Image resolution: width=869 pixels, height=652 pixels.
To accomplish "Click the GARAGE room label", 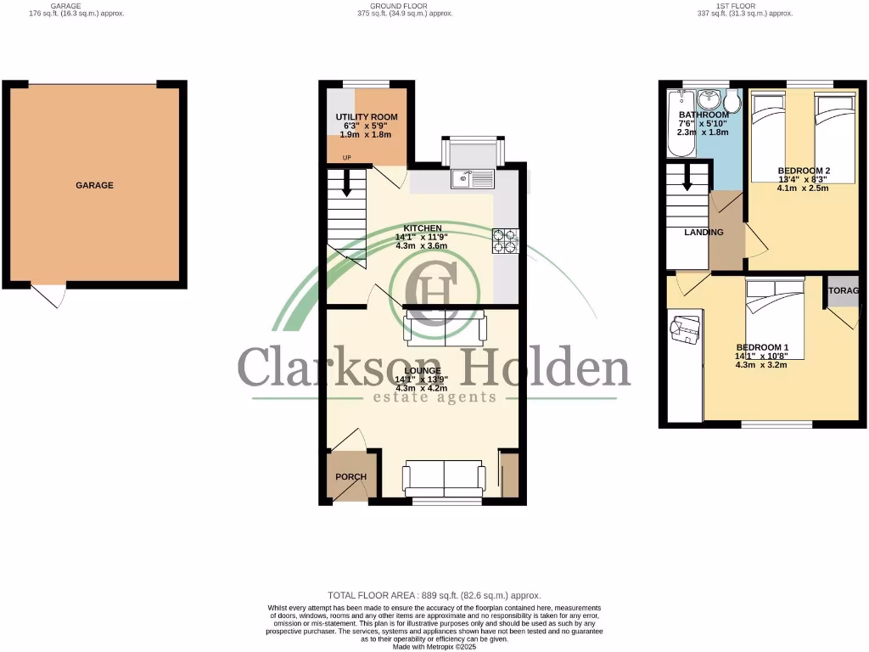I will click(x=94, y=185).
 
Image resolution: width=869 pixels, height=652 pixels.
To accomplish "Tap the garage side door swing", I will click(x=51, y=295).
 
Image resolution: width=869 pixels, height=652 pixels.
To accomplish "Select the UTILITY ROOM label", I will click(x=366, y=117).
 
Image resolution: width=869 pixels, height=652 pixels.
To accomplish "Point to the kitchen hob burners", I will click(x=505, y=241).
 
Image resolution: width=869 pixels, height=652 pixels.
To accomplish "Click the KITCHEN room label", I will click(x=422, y=228).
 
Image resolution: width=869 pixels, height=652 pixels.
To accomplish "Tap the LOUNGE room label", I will click(x=422, y=371).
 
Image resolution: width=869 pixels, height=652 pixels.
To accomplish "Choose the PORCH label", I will click(x=350, y=477).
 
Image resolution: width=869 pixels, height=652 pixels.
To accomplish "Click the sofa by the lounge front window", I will click(x=445, y=480).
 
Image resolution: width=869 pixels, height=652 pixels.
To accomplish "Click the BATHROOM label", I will click(x=703, y=115).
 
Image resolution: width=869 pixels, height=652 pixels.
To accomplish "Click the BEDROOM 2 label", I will click(x=804, y=171).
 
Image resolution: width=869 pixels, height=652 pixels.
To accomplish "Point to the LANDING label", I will click(x=704, y=233).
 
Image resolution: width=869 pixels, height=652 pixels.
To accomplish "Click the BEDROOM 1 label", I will click(x=762, y=347).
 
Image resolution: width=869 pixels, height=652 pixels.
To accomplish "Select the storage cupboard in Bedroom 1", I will click(x=844, y=291).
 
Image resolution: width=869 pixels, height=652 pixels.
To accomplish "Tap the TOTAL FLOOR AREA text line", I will click(x=434, y=595).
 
